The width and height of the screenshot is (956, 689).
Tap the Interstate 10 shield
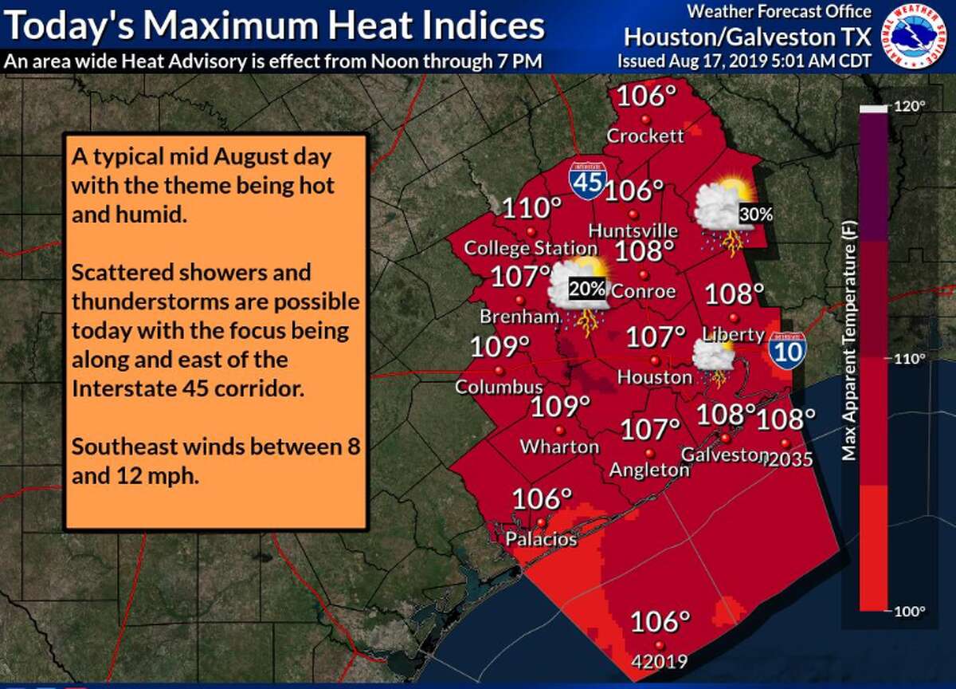coord(787,350)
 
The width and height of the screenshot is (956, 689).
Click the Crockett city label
coord(645,136)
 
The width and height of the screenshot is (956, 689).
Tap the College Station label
coord(520,248)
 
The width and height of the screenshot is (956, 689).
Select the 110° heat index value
coord(531,209)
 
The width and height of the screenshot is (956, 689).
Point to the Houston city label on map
coord(655,376)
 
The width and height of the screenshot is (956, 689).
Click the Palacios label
coord(541,539)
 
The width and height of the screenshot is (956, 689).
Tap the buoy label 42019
coord(659,661)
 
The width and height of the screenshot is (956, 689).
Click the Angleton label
coord(649,470)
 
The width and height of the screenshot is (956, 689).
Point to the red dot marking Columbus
coord(500,371)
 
